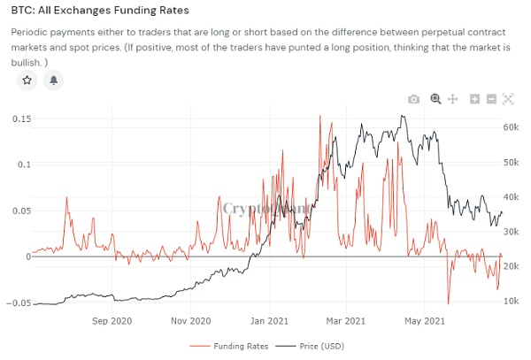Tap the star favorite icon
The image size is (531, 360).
tap(27, 80)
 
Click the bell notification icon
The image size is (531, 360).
tap(54, 80)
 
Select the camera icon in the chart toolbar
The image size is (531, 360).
tap(413, 99)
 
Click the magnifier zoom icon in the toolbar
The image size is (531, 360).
tap(435, 99)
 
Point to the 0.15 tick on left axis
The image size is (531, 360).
tap(16, 119)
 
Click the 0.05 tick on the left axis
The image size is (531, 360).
tap(16, 211)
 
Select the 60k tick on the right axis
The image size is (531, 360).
tap(511, 127)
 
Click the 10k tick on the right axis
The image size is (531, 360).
tap(511, 302)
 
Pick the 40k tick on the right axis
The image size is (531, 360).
tap(511, 197)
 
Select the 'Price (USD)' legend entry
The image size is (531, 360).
tap(311, 346)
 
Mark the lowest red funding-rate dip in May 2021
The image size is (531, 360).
tap(449, 303)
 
